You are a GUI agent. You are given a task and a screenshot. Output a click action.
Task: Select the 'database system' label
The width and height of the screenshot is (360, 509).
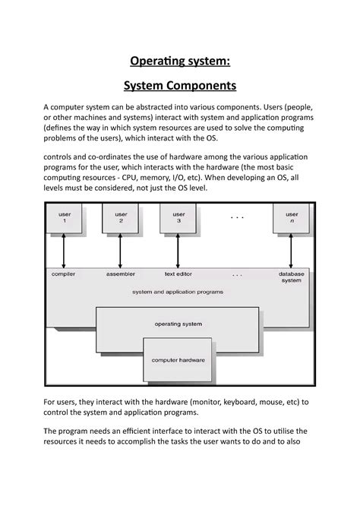292,277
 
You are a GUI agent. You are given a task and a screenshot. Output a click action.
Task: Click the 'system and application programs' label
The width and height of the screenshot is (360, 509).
178,292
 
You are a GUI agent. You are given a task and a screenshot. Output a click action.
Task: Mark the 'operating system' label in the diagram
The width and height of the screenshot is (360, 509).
178,324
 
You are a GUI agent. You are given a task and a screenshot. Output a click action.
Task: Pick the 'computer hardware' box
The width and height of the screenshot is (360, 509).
178,360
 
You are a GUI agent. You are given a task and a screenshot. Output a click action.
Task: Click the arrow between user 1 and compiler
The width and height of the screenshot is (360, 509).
64,249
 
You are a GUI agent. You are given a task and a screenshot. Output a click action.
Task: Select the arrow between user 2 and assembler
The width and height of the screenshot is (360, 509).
121,249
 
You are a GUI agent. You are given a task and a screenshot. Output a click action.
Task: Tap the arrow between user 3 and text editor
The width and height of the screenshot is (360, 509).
178,249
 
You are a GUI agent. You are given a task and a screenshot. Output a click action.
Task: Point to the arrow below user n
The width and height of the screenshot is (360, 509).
292,249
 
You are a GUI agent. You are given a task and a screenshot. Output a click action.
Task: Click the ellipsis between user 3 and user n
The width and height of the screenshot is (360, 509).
237,217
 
